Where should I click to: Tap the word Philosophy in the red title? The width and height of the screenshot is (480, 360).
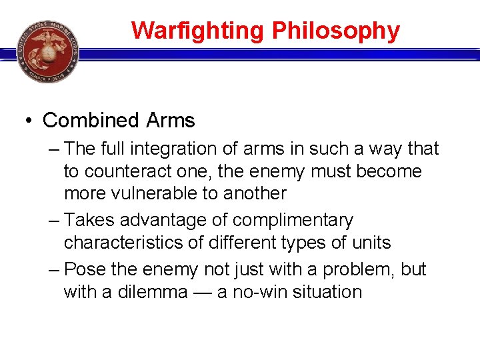(336, 31)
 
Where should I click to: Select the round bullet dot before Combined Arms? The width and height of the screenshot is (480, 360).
(28, 121)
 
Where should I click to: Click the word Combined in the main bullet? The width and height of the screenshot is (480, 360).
(91, 121)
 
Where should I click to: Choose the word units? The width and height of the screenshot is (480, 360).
(373, 243)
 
